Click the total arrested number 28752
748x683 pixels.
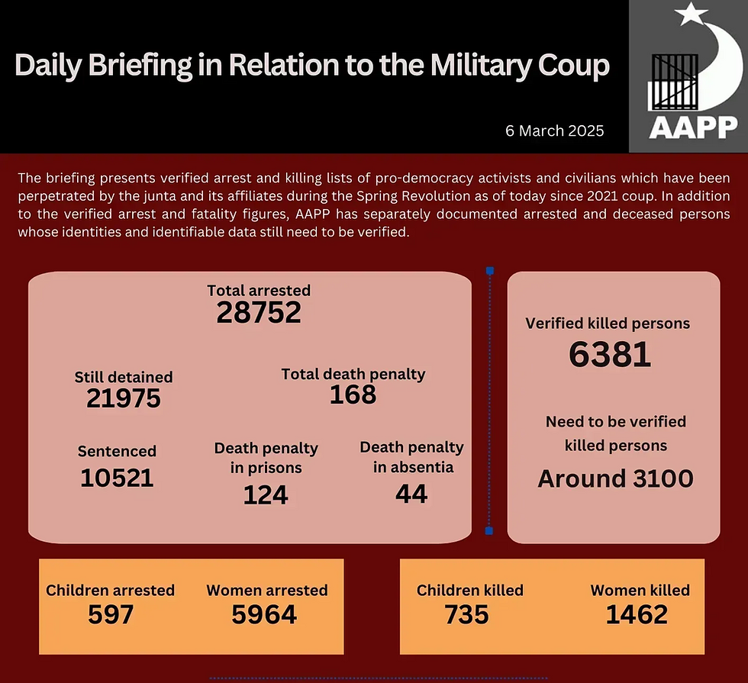[259, 313]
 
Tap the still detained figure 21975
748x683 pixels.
[124, 398]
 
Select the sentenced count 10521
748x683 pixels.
[117, 478]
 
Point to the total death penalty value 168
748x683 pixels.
[353, 395]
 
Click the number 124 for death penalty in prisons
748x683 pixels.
[266, 495]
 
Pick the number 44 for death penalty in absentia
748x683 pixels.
[411, 494]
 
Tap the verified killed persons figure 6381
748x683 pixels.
[610, 355]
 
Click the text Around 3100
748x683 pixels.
[615, 478]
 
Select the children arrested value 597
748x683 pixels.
[111, 614]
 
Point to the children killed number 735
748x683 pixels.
[466, 614]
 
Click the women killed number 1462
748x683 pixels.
[637, 614]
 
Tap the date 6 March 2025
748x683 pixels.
[555, 130]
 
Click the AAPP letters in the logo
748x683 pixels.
[693, 127]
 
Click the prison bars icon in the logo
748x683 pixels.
[674, 82]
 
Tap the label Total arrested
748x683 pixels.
[259, 291]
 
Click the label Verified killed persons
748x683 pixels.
[608, 324]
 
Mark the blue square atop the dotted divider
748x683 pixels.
[489, 270]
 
